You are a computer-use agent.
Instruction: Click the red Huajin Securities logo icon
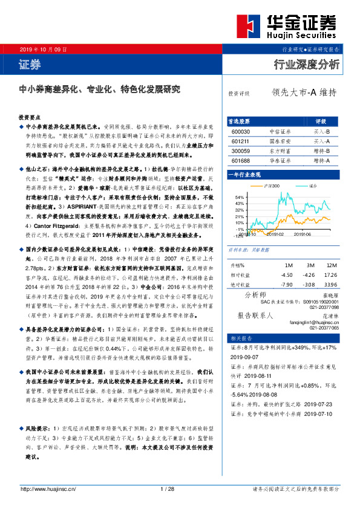pos(245,25)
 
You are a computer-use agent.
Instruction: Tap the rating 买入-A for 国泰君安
pos(321,141)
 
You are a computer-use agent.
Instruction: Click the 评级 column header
pos(321,120)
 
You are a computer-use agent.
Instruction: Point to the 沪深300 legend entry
pos(270,186)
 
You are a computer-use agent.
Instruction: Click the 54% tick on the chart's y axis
pos(239,198)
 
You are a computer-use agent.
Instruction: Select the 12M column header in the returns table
pos(330,265)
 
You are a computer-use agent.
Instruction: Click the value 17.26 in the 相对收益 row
pos(330,274)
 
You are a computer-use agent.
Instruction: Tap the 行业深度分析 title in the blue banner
pos(307,63)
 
